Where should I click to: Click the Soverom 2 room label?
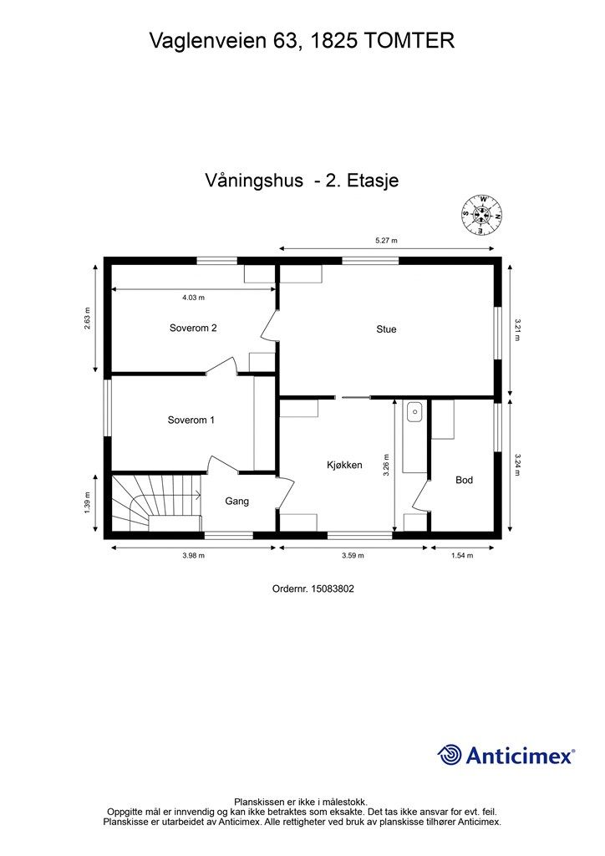[193, 328]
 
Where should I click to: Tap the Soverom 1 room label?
[191, 420]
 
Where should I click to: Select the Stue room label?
[386, 329]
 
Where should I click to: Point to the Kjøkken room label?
[344, 465]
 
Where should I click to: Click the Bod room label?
[464, 480]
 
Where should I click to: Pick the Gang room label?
[236, 502]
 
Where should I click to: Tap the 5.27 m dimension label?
[386, 240]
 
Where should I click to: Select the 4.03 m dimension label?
[193, 298]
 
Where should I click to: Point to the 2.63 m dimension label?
[87, 318]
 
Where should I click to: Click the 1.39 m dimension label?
[87, 502]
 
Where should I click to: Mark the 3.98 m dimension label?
[193, 556]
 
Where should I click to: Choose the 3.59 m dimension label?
[353, 556]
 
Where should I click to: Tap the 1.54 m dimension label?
[461, 556]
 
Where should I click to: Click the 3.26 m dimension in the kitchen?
[386, 466]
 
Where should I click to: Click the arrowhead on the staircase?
[198, 495]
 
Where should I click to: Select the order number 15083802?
[332, 589]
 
